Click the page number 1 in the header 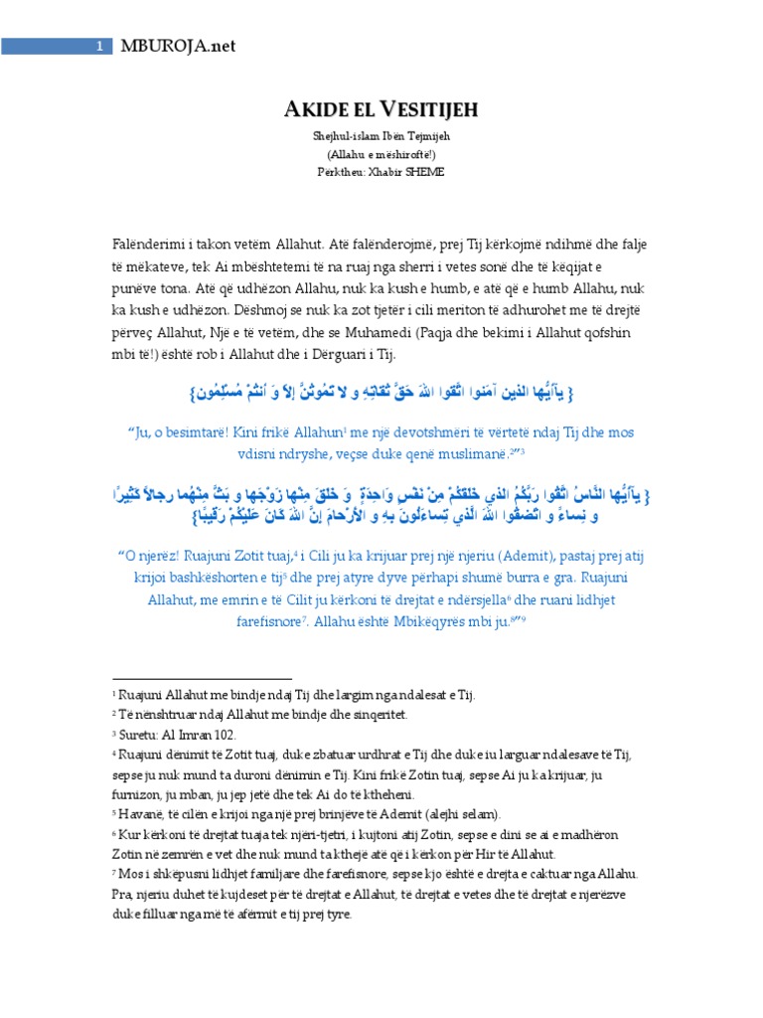[99, 46]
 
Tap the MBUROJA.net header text [179, 46]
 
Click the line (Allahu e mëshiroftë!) [381, 154]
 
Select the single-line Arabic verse [381, 395]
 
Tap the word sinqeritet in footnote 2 [362, 714]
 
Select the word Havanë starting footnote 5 [132, 811]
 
